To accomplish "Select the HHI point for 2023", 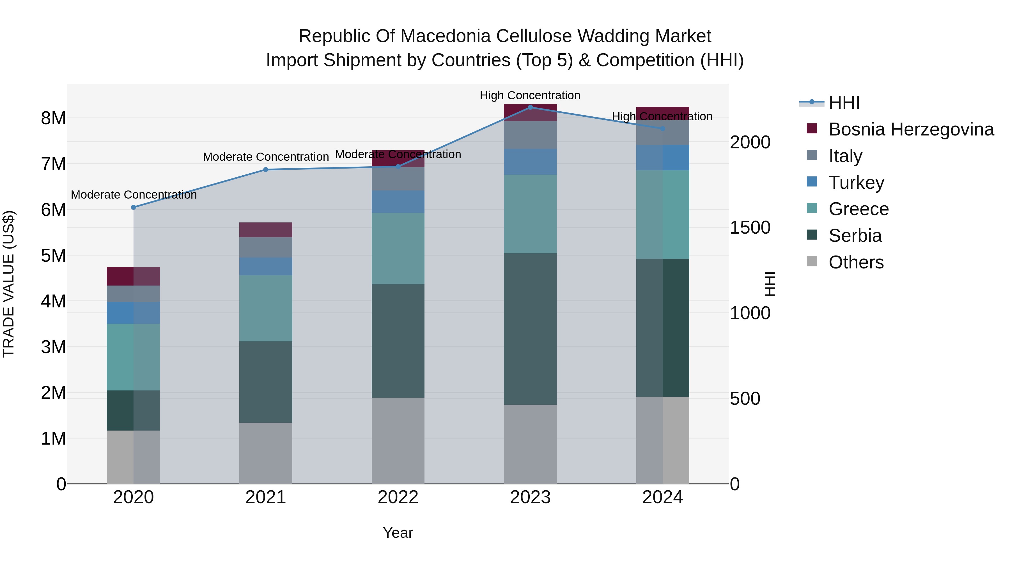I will pyautogui.click(x=530, y=107).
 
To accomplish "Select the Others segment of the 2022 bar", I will pyautogui.click(x=398, y=441).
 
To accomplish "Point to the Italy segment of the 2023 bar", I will pyautogui.click(x=530, y=135).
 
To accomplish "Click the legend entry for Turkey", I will pyautogui.click(x=856, y=183).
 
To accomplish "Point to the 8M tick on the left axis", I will pyautogui.click(x=53, y=118).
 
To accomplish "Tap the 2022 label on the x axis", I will pyautogui.click(x=398, y=497).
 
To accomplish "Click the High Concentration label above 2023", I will pyautogui.click(x=530, y=96).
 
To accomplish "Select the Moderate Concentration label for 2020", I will pyautogui.click(x=134, y=195).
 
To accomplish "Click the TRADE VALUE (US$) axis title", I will pyautogui.click(x=9, y=284).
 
